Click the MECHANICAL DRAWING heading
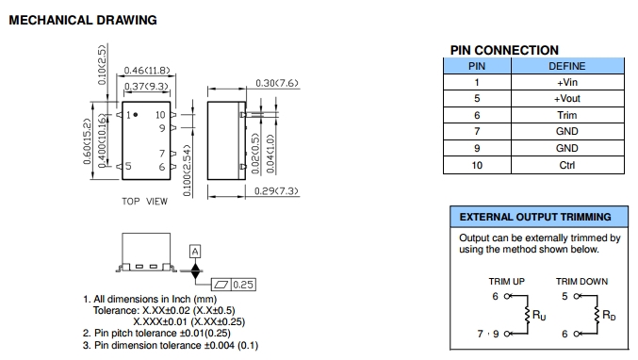click(83, 20)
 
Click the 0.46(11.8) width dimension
click(147, 71)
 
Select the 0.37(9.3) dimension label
click(146, 87)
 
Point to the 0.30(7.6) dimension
click(277, 83)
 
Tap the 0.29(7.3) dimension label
click(276, 190)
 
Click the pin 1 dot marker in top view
click(136, 115)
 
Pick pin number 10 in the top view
click(160, 115)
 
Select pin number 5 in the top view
click(128, 166)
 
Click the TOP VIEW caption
click(144, 202)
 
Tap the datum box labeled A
click(195, 252)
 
